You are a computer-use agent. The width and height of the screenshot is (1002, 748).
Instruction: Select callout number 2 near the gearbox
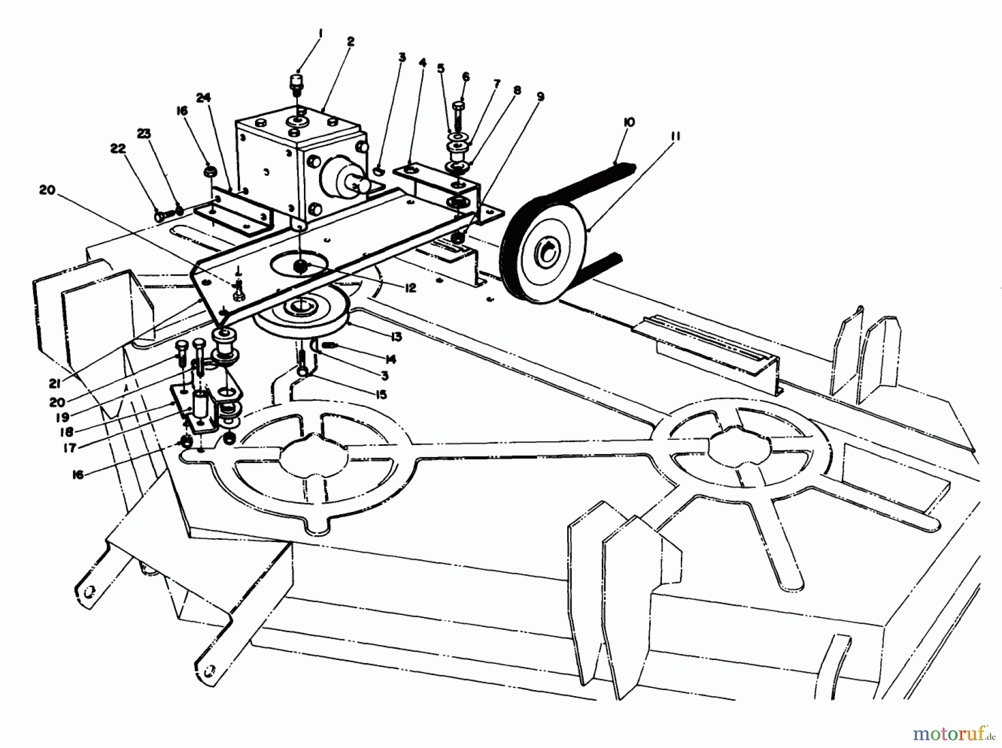pyautogui.click(x=350, y=42)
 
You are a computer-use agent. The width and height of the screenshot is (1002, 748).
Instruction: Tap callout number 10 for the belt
pyautogui.click(x=629, y=122)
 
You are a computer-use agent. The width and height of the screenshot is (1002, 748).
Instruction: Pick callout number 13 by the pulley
pyautogui.click(x=396, y=337)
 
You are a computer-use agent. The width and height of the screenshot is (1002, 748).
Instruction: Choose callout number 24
pyautogui.click(x=203, y=97)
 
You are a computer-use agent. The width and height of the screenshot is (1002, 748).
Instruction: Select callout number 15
pyautogui.click(x=381, y=395)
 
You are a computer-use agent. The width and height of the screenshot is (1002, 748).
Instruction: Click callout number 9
pyautogui.click(x=539, y=97)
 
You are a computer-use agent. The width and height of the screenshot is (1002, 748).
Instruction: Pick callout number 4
pyautogui.click(x=423, y=63)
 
